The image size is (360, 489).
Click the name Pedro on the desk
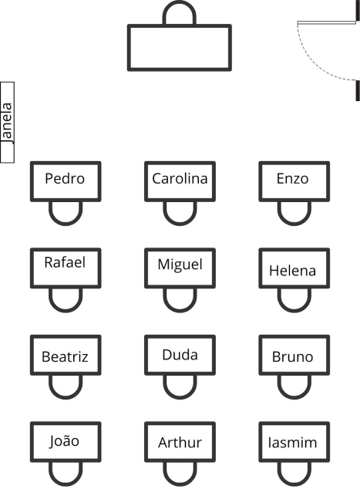pos(65,179)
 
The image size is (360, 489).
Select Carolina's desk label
pos(180,179)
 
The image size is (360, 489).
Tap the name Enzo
pos(293,179)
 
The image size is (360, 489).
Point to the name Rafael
pos(65,262)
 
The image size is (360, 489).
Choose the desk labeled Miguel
pos(180,268)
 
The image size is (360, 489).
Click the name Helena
pos(293,271)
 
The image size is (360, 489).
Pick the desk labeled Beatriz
pos(66,355)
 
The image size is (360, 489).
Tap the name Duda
pos(180,355)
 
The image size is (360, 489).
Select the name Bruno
pos(293,357)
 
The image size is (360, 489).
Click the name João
pos(64,441)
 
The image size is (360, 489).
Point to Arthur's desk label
pos(180,443)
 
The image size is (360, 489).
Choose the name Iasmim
pos(293,443)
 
